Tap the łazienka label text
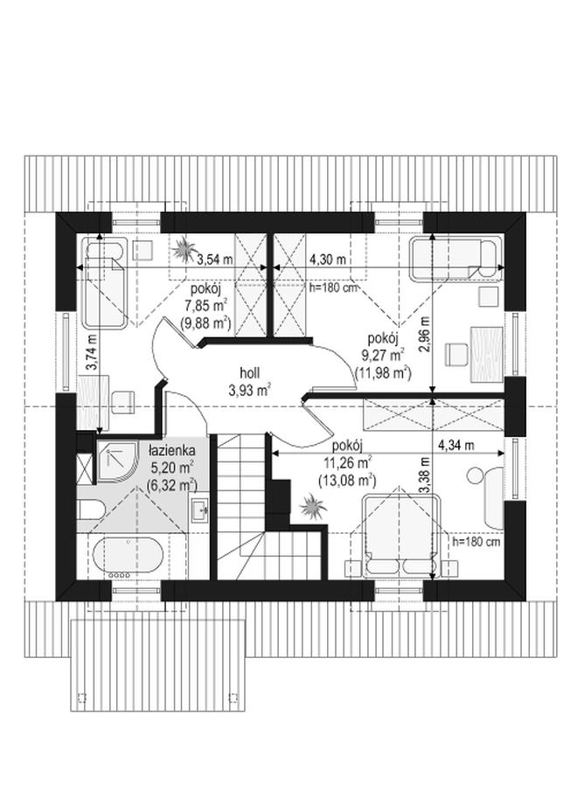coord(171,451)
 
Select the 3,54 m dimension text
coord(215,260)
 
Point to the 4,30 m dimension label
coord(328,260)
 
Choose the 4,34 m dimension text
coord(456,445)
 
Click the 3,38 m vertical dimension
coord(424,475)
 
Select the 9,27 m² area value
coord(385,355)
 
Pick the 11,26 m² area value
coord(348,463)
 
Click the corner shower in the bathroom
coord(118,461)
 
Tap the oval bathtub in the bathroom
coord(128,558)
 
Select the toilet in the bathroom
coord(91,509)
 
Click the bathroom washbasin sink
coord(199,509)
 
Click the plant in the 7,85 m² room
coord(183,250)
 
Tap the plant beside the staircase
coord(312,506)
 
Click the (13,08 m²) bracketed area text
coord(348,480)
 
